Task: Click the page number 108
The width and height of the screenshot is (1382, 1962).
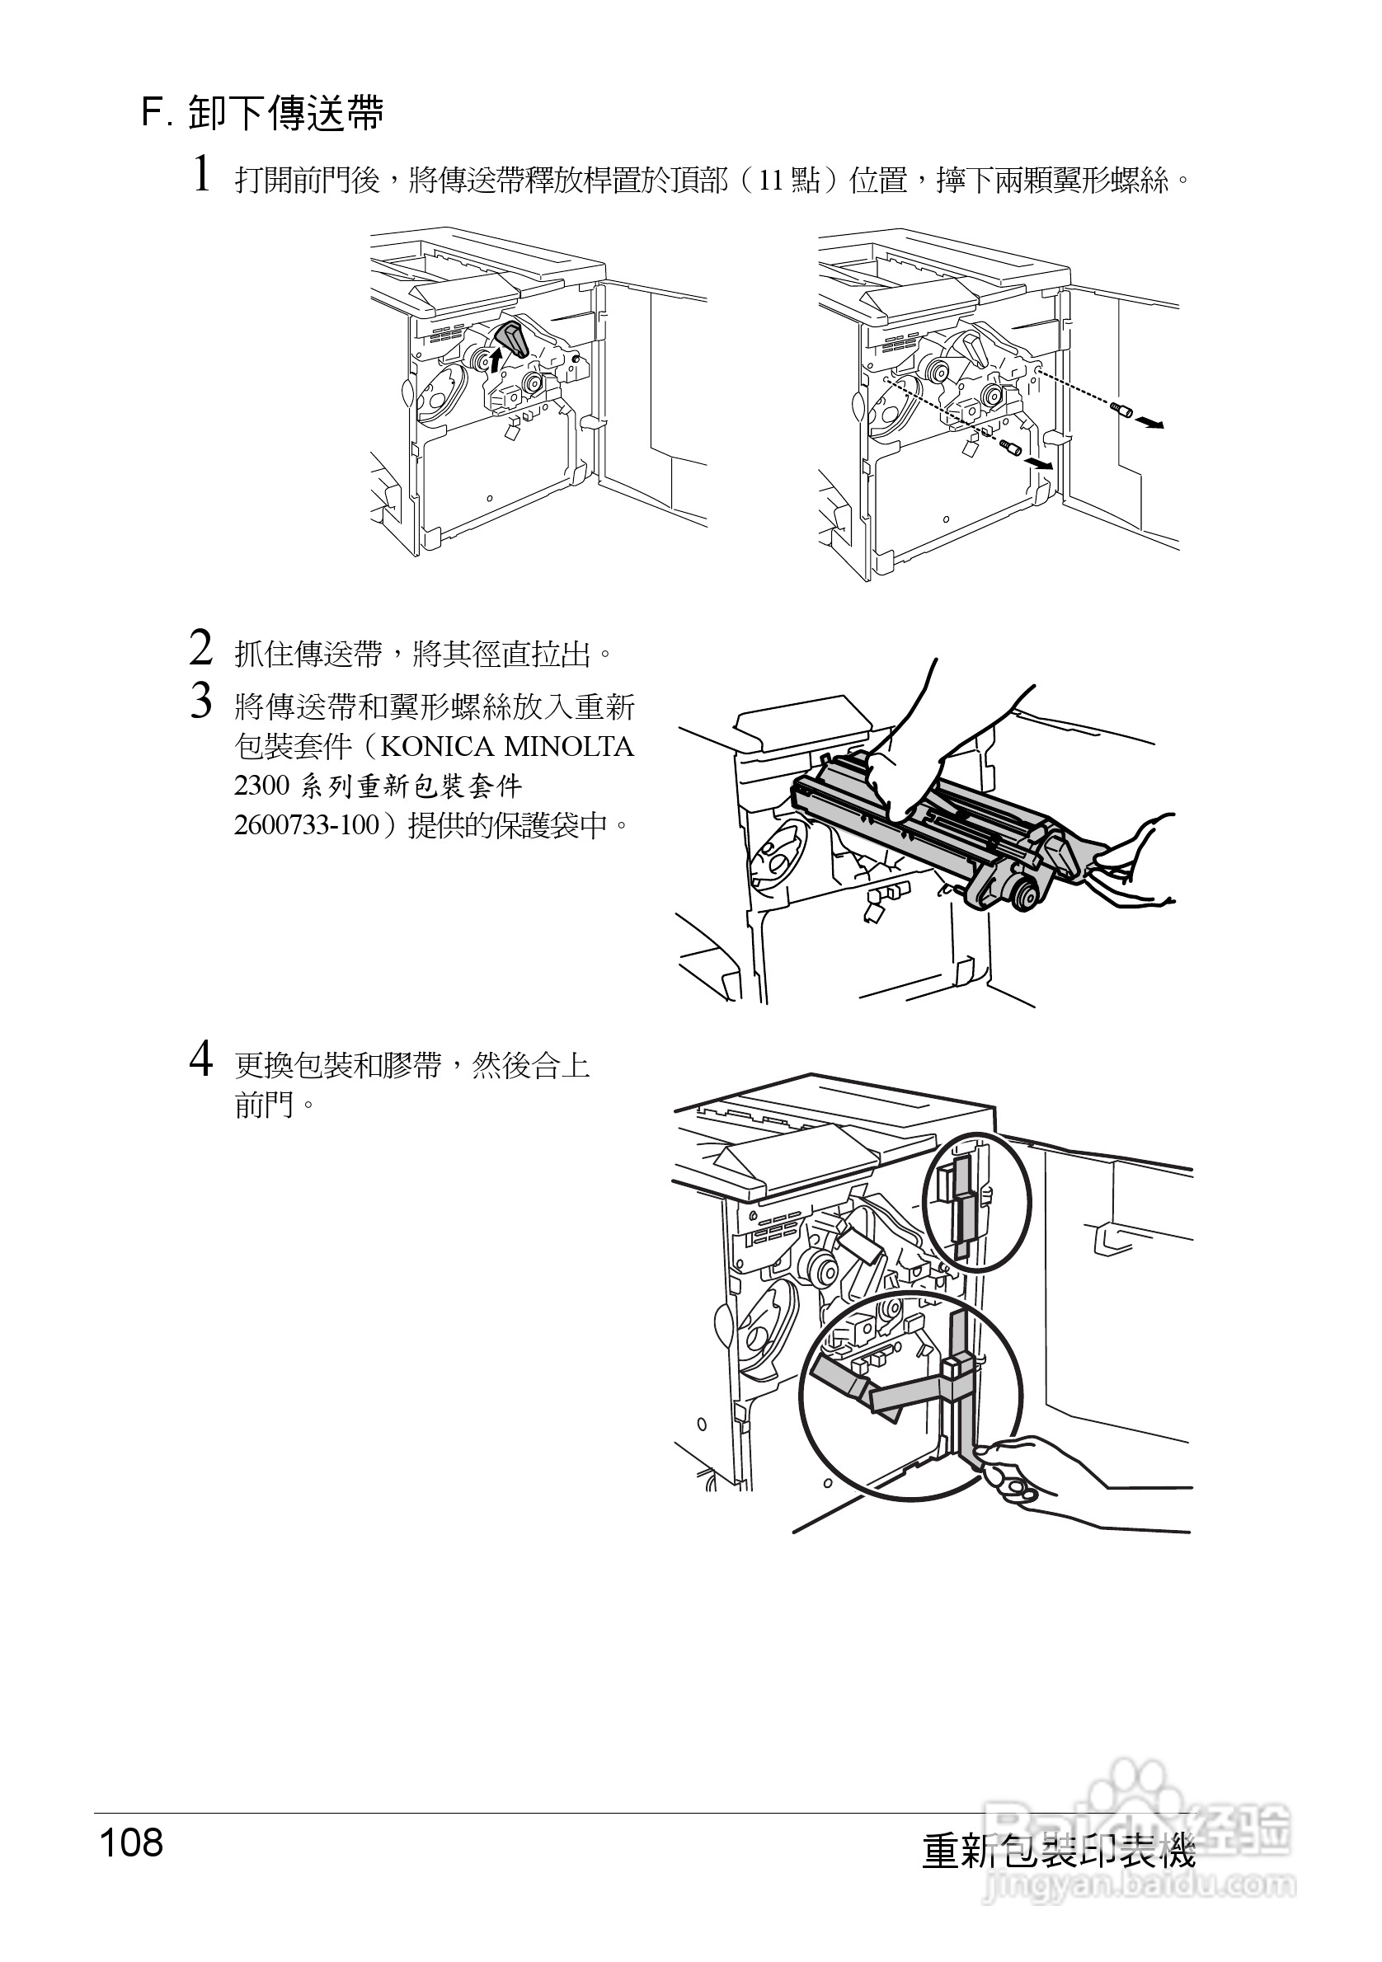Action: [132, 1843]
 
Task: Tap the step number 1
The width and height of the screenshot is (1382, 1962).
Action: [201, 174]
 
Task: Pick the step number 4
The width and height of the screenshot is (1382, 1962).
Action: [201, 1059]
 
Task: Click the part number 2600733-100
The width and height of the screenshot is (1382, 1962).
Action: [306, 825]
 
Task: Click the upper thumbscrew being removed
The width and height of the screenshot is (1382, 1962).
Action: [1121, 411]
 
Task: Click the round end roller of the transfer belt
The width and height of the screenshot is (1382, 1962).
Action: [1024, 896]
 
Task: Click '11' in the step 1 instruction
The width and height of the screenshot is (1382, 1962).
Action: [771, 181]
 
